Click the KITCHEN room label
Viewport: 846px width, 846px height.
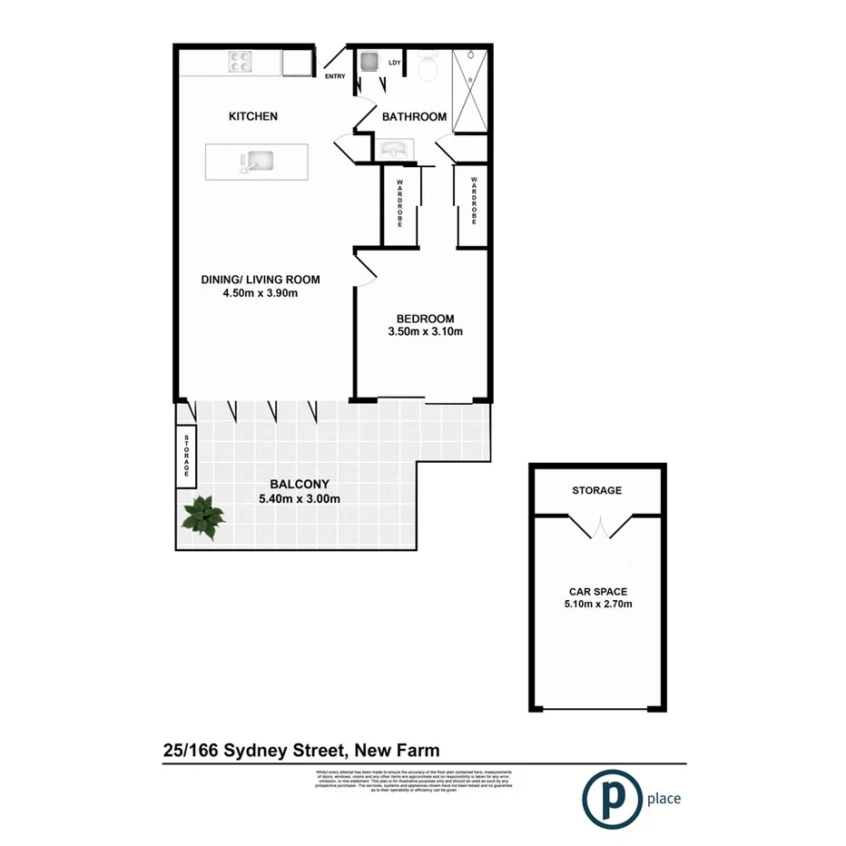(x=252, y=116)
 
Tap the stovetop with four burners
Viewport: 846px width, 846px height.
(x=241, y=61)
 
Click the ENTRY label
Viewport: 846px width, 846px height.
(x=336, y=76)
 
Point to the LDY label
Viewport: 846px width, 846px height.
(x=395, y=63)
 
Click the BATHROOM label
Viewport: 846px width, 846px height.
(x=414, y=117)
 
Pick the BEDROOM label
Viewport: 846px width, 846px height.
(x=425, y=318)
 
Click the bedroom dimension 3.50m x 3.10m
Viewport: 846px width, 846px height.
(x=425, y=331)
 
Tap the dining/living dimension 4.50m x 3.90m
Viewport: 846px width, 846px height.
(x=261, y=293)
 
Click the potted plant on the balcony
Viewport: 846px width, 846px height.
(x=202, y=519)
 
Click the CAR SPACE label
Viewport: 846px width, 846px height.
(x=596, y=589)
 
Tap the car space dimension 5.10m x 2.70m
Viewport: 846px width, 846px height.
(x=596, y=603)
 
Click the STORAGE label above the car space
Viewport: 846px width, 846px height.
(x=596, y=490)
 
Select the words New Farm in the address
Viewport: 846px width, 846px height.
(x=398, y=751)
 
